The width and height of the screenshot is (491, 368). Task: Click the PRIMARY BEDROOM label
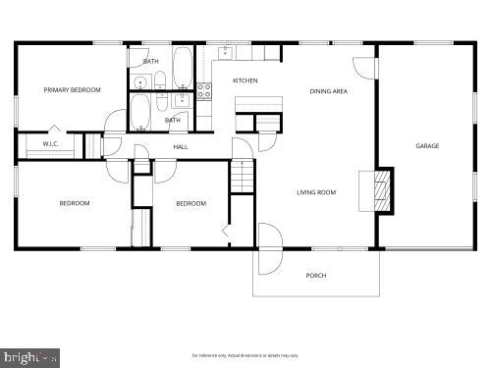coord(72,90)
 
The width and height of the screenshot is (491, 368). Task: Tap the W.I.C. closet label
coord(50,145)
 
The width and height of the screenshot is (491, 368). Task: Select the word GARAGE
coord(427,146)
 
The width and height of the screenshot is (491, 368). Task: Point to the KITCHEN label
coord(245,80)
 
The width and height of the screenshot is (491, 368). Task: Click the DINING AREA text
coord(328,90)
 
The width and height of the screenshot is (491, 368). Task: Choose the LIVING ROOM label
coord(316,192)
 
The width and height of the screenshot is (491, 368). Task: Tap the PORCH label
coord(316,276)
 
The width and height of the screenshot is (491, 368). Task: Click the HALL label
coord(181,147)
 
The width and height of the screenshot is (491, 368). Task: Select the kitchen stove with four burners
coord(204,90)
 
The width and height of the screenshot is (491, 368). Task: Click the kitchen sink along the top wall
coord(224,53)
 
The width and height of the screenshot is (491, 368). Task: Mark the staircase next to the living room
coord(242,178)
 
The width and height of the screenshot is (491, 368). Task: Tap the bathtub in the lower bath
coord(140,112)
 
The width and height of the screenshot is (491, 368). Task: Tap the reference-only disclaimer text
coord(245,354)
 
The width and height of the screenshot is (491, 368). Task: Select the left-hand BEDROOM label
coord(74,203)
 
